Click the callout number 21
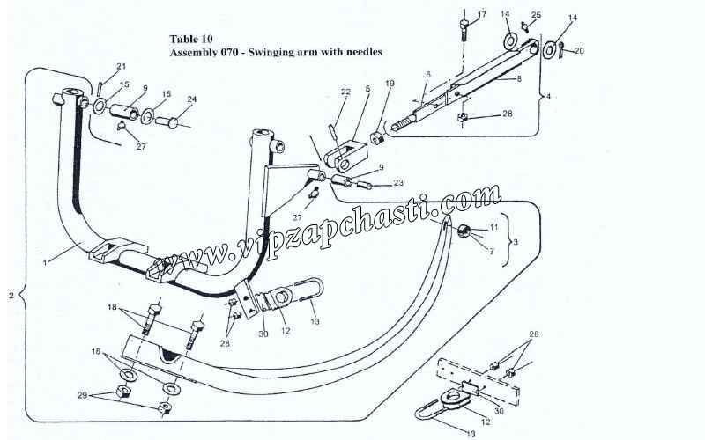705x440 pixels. pos(122,67)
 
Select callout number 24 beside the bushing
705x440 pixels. pos(191,99)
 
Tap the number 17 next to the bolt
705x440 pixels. pos(481,16)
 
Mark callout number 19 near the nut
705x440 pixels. pos(390,84)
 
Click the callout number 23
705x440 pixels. pos(398,184)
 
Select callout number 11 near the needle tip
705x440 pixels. pos(493,227)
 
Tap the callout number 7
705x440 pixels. pos(492,253)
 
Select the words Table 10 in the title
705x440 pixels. pos(189,39)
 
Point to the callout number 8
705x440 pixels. pos(519,78)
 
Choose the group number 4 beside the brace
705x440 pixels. pos(548,94)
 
